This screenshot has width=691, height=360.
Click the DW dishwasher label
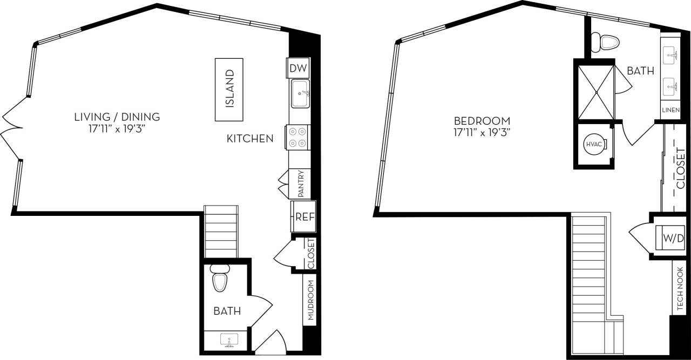coord(298,69)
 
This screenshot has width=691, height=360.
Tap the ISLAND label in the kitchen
coord(229,89)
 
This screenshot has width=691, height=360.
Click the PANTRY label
coord(301,184)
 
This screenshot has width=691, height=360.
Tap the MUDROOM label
coord(311,301)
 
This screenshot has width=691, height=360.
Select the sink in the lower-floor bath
coord(227,341)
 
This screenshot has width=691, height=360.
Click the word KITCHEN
coord(249,139)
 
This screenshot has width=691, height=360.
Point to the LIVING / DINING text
coord(117,116)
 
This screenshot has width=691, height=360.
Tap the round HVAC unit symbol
coord(594,144)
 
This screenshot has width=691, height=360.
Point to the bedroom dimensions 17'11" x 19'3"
coord(482,132)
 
